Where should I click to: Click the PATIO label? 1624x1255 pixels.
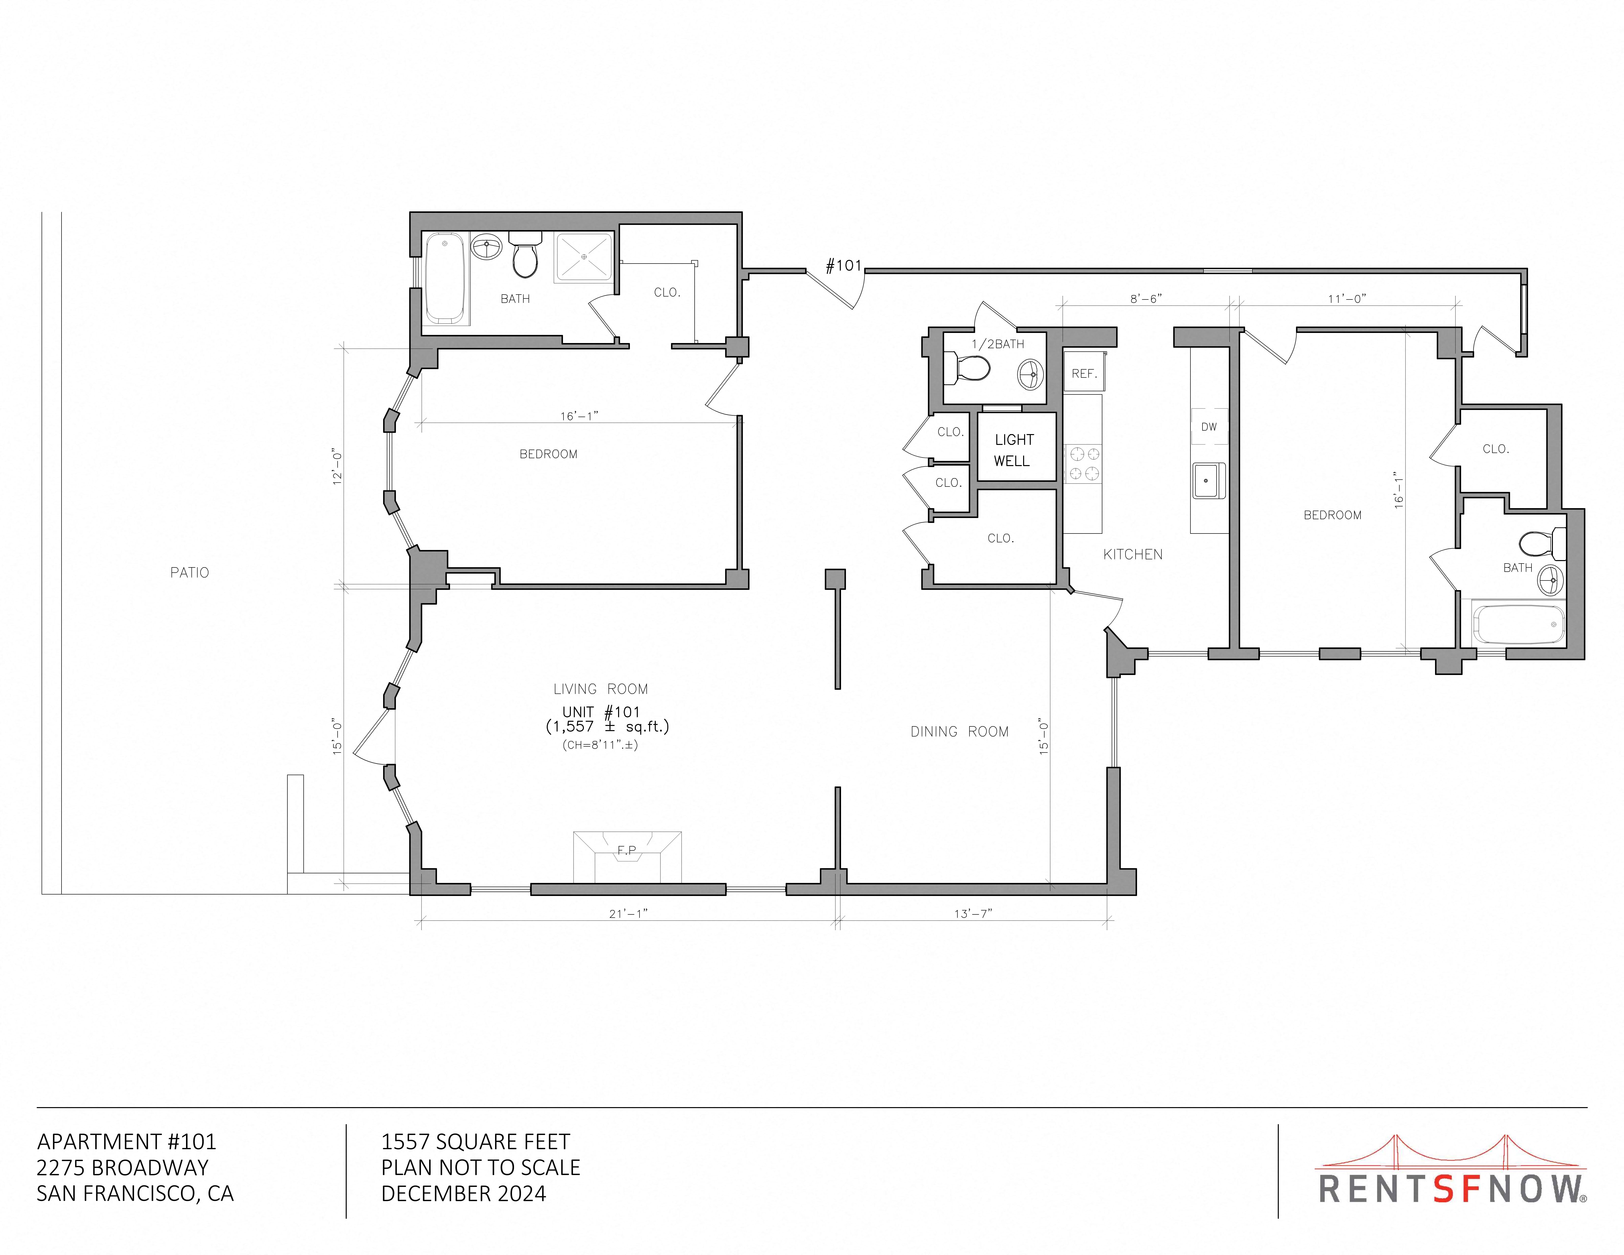pos(190,572)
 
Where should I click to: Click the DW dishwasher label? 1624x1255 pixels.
pos(1209,427)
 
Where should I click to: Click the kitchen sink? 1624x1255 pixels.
pos(1208,480)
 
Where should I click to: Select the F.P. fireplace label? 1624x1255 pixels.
pos(627,850)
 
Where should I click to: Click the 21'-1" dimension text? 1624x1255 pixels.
pos(628,914)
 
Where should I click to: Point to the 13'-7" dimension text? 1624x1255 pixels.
pos(973,914)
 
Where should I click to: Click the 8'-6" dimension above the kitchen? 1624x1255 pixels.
pos(1146,299)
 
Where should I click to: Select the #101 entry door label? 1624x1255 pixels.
pos(843,266)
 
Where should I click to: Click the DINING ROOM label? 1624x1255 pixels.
pos(959,732)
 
